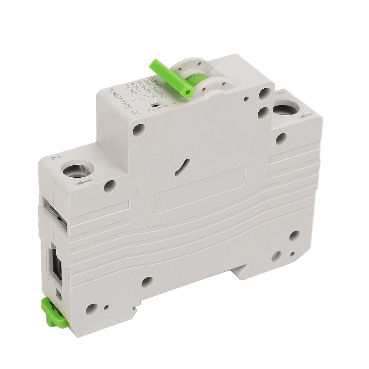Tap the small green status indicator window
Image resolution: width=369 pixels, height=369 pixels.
pyautogui.click(x=154, y=106)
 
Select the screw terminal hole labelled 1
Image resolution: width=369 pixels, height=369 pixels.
pyautogui.click(x=285, y=108)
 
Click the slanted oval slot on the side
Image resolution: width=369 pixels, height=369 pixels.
pyautogui.click(x=183, y=168)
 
